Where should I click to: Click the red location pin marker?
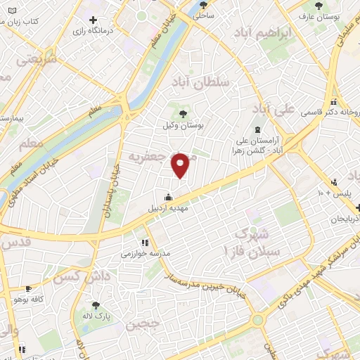pyautogui.click(x=181, y=165)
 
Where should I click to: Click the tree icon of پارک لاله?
pyautogui.click(x=96, y=306)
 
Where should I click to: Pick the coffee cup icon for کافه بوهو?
pyautogui.click(x=27, y=288)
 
